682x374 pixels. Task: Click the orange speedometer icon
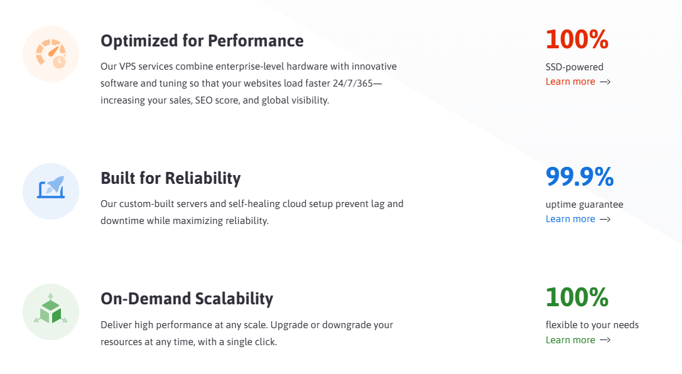coord(51,54)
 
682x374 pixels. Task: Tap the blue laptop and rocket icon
coord(51,187)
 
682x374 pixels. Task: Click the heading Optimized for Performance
coord(202,41)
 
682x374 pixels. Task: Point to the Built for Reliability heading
coord(171,178)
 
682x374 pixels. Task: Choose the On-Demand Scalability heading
coord(187,299)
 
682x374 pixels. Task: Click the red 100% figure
coord(576,39)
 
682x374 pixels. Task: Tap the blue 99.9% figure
coord(580,177)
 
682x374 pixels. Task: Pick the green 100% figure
coord(576,297)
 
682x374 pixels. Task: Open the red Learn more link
coord(570,82)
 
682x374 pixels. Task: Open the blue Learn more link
coord(570,219)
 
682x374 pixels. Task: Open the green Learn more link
coord(570,339)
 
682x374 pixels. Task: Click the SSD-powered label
coord(574,67)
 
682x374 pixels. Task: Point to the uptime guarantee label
coord(584,205)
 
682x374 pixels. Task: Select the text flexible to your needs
coord(592,325)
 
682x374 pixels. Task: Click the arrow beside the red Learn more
coord(605,82)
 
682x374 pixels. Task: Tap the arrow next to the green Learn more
coord(605,339)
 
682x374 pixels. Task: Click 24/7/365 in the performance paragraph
coord(353,83)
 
